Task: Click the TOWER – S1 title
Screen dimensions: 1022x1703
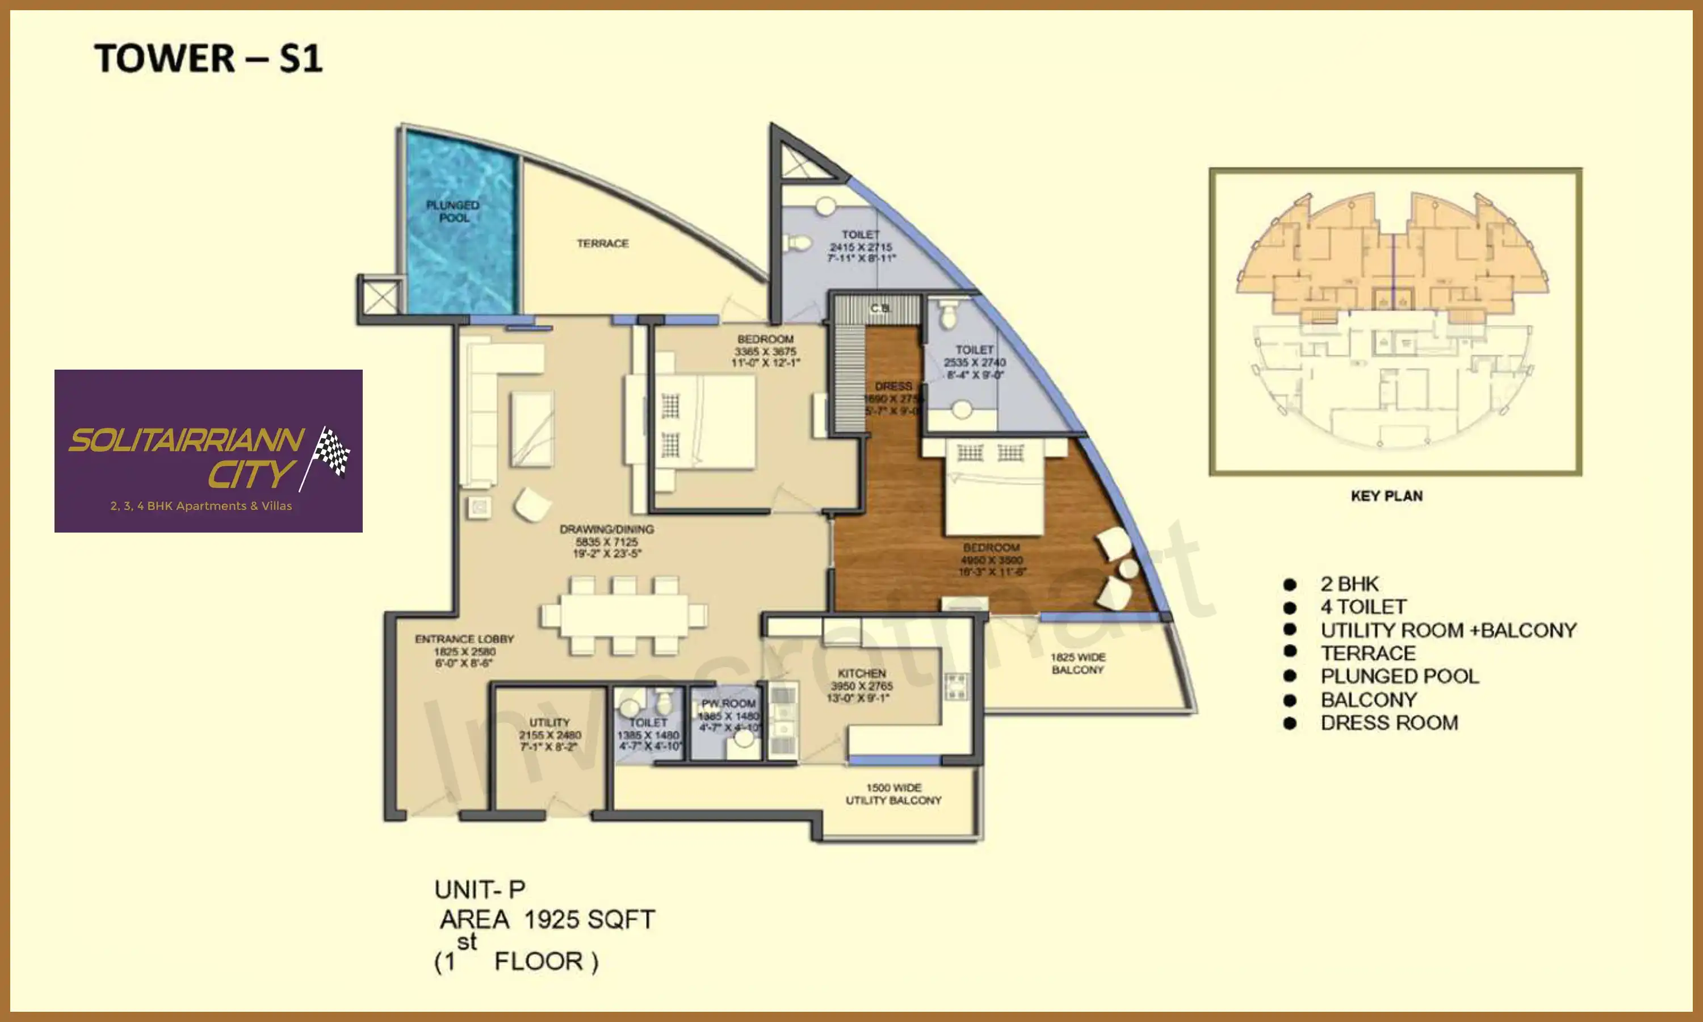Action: pos(208,58)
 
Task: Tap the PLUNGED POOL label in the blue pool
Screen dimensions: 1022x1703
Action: pos(453,211)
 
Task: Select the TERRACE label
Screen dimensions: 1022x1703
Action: pos(602,243)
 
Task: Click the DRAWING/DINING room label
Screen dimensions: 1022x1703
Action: pos(606,530)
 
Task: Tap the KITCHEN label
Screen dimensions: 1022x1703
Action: pos(861,673)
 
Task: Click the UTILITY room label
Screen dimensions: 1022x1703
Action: pos(550,722)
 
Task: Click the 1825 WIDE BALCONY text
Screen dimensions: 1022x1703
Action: pos(1077,663)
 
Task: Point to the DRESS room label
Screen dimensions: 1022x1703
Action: pos(893,386)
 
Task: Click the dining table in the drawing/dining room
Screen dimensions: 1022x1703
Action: pos(624,615)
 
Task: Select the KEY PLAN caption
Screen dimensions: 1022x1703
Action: pos(1386,496)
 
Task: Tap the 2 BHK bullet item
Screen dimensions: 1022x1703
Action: pos(1349,584)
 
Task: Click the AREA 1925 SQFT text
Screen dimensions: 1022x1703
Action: pos(547,919)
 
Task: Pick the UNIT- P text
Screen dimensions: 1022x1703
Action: pos(480,890)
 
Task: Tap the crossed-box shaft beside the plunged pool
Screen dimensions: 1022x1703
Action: pos(380,298)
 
